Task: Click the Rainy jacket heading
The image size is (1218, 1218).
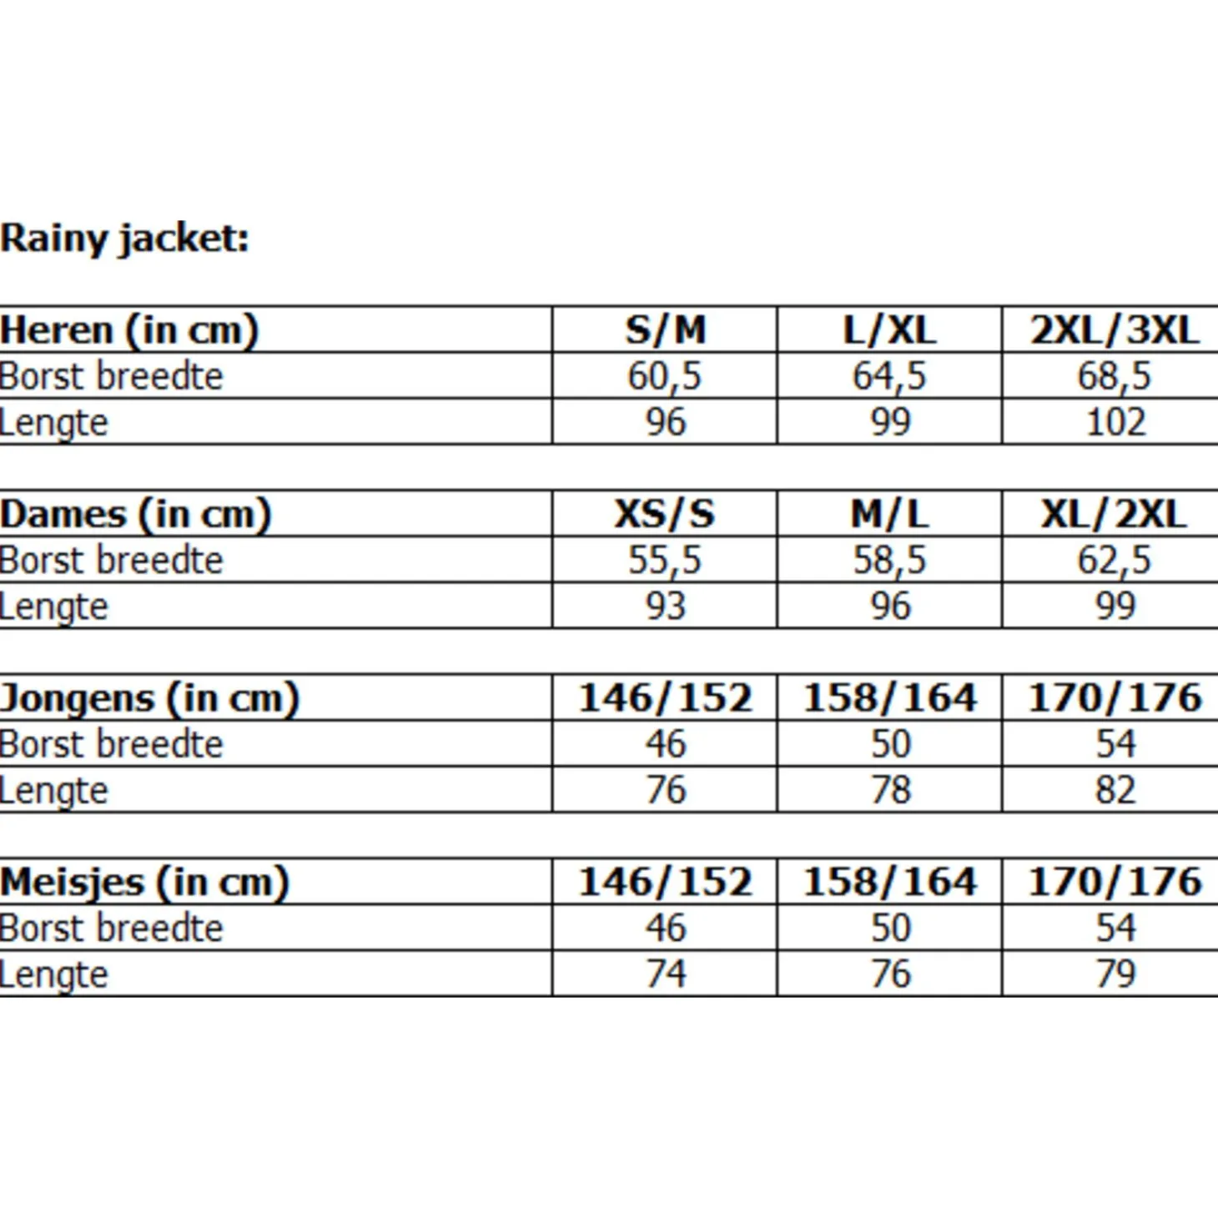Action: (x=124, y=239)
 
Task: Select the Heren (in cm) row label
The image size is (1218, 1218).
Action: (x=129, y=330)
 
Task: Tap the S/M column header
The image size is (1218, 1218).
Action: (x=665, y=330)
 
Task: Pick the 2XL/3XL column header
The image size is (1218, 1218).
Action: (x=1115, y=330)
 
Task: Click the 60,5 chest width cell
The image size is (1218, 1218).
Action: (x=665, y=376)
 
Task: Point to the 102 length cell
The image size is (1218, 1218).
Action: (x=1115, y=422)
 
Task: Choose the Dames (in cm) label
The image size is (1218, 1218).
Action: (x=135, y=514)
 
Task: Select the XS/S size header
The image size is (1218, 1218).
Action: (x=665, y=514)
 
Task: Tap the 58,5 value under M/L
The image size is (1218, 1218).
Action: (x=889, y=560)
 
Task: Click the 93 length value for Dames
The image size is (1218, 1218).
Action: (x=665, y=606)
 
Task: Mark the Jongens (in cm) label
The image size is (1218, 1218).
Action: (x=149, y=698)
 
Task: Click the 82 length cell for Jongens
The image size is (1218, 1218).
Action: (x=1115, y=790)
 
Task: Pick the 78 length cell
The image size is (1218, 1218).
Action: (x=890, y=790)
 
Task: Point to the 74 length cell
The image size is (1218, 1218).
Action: (x=665, y=974)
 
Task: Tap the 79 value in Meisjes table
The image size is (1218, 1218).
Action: (x=1115, y=974)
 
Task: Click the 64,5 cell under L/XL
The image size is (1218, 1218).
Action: (x=889, y=376)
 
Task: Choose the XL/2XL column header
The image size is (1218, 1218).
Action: (x=1115, y=514)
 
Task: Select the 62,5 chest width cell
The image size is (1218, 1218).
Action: (x=1115, y=560)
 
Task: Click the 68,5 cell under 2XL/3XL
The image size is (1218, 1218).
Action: (x=1115, y=376)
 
